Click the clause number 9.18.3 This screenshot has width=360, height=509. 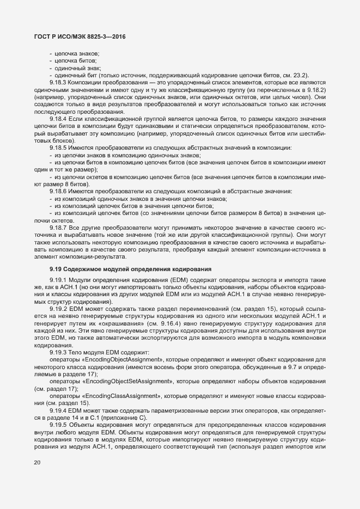coord(58,82)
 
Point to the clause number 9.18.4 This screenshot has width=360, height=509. coord(58,118)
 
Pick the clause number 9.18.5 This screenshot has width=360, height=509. coord(58,148)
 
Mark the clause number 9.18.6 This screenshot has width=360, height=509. coord(58,192)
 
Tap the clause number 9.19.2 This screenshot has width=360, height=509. coord(58,309)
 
